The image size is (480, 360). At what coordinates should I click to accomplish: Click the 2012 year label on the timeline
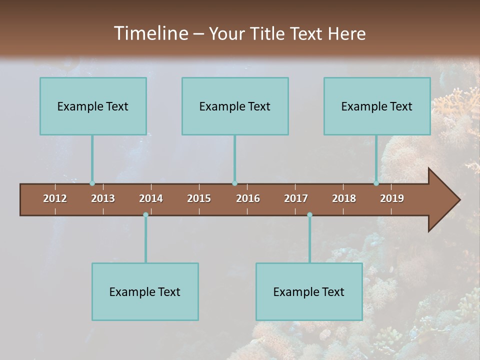click(55, 198)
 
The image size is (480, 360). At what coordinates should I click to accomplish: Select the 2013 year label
click(103, 198)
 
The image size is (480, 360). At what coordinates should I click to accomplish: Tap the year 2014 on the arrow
click(151, 198)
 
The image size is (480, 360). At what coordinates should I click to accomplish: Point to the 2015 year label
click(199, 198)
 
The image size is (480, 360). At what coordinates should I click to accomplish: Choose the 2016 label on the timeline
click(248, 198)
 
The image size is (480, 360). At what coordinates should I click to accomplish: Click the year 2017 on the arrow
click(296, 198)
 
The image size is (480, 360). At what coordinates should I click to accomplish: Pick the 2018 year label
click(344, 198)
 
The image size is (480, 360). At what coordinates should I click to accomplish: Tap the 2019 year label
click(392, 198)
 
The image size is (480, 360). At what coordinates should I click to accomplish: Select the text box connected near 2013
click(93, 106)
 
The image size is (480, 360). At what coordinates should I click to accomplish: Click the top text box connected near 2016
click(235, 106)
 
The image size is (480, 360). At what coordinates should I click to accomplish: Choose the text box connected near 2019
click(377, 106)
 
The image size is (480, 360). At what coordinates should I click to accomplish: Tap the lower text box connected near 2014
click(145, 291)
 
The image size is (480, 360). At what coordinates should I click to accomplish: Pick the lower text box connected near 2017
click(309, 291)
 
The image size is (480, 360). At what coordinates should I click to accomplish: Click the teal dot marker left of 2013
click(92, 183)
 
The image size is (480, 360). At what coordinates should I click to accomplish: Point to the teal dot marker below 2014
click(145, 214)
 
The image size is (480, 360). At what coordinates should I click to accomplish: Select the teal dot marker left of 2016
click(234, 183)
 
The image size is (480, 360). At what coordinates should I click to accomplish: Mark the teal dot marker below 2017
click(309, 214)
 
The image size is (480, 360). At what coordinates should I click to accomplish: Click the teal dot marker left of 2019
click(376, 183)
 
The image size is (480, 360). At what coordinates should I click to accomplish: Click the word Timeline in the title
click(149, 33)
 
